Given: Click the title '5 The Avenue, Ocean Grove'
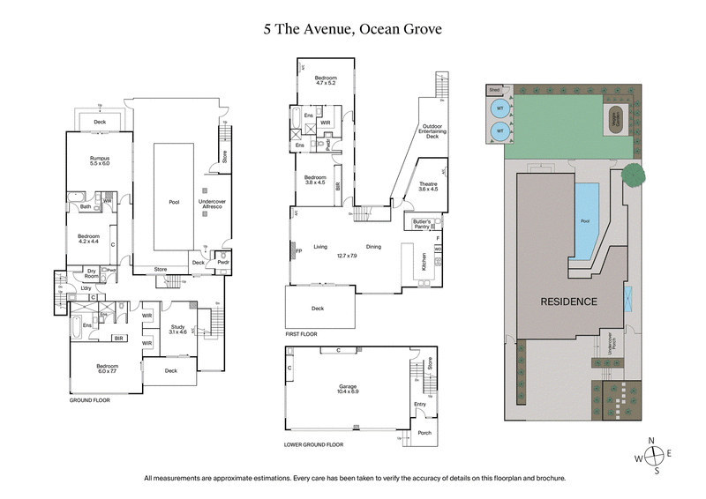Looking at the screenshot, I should pyautogui.click(x=352, y=28).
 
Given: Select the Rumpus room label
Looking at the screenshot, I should pyautogui.click(x=99, y=160).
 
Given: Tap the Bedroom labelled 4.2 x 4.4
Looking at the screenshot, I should pyautogui.click(x=88, y=239).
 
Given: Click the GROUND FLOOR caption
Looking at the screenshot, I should pyautogui.click(x=92, y=399).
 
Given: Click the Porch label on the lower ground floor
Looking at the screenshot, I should pyautogui.click(x=424, y=432).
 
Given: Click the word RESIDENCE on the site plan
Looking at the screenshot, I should pyautogui.click(x=569, y=302).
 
